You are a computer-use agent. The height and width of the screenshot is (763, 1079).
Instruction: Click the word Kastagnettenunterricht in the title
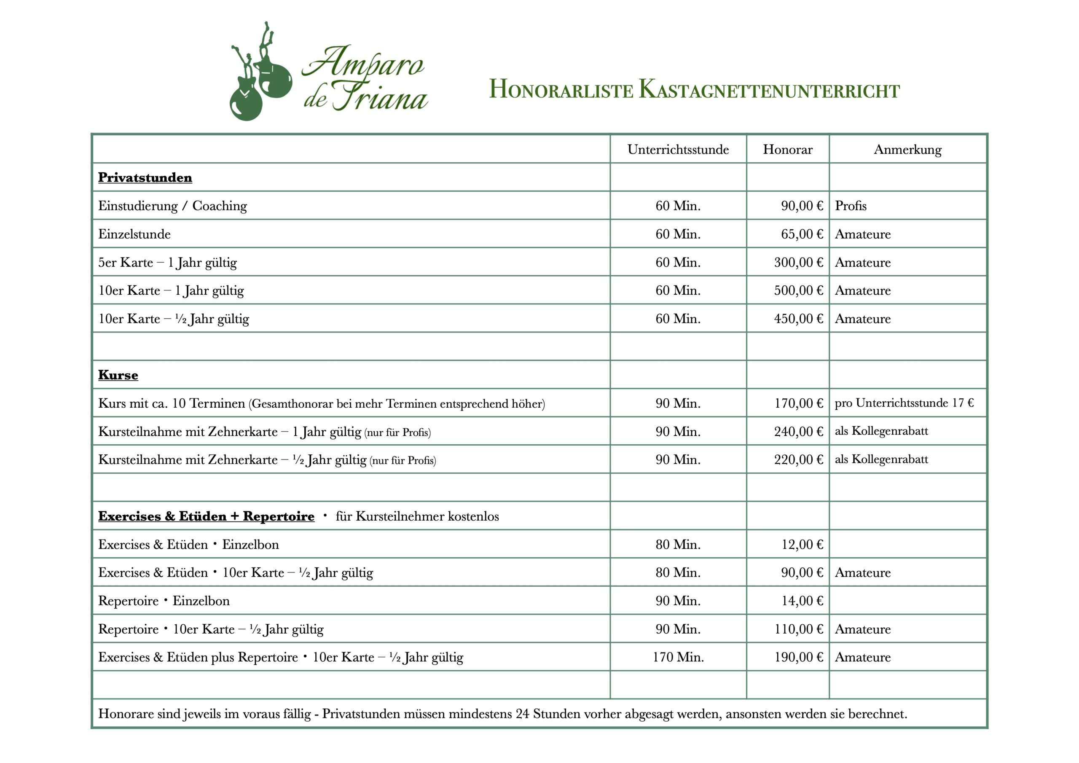pos(769,90)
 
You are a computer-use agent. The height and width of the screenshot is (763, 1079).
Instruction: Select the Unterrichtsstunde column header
pos(678,150)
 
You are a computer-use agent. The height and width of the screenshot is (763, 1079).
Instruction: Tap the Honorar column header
pos(787,150)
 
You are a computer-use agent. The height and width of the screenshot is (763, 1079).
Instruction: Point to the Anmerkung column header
pos(907,150)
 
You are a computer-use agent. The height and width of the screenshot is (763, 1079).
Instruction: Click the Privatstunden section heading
pos(145,178)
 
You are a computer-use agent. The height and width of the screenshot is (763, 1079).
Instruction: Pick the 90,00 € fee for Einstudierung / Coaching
pos(802,206)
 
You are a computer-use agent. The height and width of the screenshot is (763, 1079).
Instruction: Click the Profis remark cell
pos(850,206)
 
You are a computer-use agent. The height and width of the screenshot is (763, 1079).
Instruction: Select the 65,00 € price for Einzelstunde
pos(802,234)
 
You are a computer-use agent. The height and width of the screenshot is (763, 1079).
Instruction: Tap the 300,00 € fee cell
pos(798,262)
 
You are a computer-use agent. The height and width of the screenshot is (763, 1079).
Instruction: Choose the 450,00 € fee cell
pos(798,319)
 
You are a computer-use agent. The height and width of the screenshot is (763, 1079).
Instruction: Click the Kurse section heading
pos(118,375)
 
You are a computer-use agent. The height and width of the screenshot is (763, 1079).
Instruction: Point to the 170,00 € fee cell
pos(798,403)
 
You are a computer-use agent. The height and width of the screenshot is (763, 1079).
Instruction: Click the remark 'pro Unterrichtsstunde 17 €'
pos(904,403)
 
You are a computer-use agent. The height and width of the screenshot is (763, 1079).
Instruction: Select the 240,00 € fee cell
pos(798,432)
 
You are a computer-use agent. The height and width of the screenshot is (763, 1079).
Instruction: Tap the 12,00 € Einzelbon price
pos(802,544)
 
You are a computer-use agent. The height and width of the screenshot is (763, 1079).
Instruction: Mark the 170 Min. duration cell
pos(678,657)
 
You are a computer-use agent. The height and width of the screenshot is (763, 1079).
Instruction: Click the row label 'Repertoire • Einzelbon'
pos(164,601)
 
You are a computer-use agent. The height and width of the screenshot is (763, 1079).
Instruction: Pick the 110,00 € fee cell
pos(798,629)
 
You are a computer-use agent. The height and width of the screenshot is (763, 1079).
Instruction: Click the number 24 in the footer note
pos(522,714)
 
